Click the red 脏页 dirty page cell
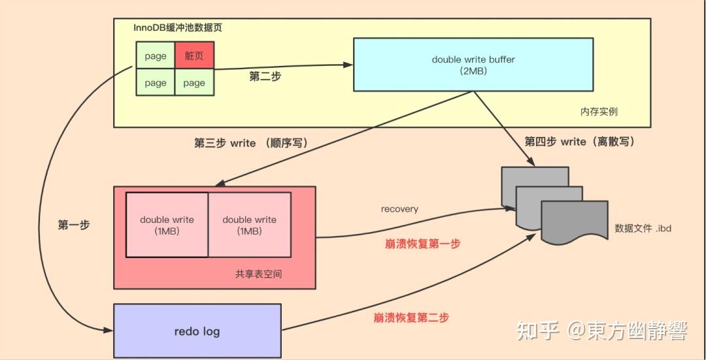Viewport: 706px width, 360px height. tap(194, 56)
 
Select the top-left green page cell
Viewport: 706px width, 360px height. tap(156, 56)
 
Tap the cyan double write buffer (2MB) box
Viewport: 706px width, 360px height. tap(473, 64)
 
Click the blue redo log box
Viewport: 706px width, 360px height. tap(197, 331)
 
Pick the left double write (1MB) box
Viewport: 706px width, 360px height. tap(167, 225)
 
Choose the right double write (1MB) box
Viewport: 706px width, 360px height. tap(249, 225)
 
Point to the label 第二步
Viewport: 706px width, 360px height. tap(265, 76)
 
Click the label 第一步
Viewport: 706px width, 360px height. tap(74, 225)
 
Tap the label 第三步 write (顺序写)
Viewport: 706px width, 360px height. tap(251, 143)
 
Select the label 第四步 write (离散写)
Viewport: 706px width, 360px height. tap(580, 142)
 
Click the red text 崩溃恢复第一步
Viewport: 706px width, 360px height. tap(422, 244)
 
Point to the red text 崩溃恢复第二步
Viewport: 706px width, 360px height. tap(411, 318)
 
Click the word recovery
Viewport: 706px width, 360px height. tap(399, 209)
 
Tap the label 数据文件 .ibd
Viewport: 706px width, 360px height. tap(643, 229)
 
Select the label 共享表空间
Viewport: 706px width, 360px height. tap(258, 274)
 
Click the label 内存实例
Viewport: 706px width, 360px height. tap(598, 112)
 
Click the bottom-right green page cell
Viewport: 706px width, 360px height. tap(194, 83)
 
